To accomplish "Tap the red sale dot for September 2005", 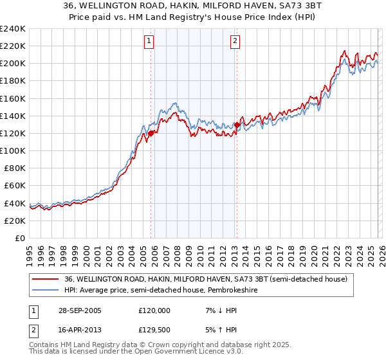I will pyautogui.click(x=151, y=133).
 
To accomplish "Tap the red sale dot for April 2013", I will pyautogui.click(x=237, y=125).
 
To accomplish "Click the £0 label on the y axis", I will pyautogui.click(x=19, y=238).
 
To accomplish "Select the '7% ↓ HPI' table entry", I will pyautogui.click(x=217, y=310).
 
